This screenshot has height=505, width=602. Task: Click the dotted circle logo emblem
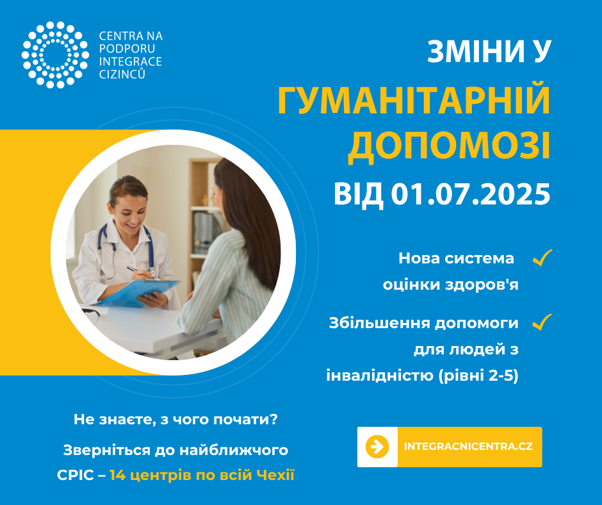click(x=55, y=54)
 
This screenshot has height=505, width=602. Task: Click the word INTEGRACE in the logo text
click(x=131, y=62)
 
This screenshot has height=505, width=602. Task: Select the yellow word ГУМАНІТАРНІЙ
click(x=414, y=100)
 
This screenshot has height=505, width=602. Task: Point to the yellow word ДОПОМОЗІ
click(x=449, y=147)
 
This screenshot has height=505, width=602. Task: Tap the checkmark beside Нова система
click(x=542, y=258)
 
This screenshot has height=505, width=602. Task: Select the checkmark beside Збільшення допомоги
click(x=542, y=322)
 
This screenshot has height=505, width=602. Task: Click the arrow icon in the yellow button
click(x=377, y=447)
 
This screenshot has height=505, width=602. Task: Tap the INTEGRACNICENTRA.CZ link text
click(x=468, y=447)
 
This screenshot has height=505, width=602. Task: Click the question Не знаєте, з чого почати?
click(x=175, y=419)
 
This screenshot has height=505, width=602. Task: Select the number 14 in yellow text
click(x=117, y=476)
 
